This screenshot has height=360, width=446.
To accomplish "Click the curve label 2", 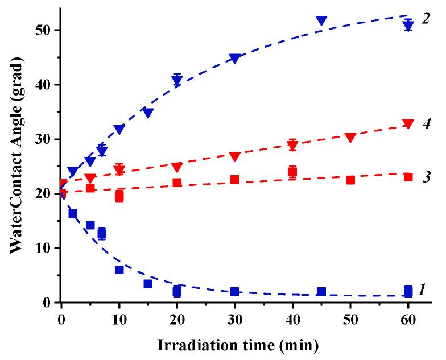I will pyautogui.click(x=425, y=19).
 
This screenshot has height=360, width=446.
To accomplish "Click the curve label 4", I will pyautogui.click(x=425, y=123).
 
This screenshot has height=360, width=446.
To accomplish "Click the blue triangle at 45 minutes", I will pyautogui.click(x=321, y=21).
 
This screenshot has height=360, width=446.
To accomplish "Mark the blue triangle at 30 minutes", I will pyautogui.click(x=234, y=59).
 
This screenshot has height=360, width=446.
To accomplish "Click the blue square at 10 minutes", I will pyautogui.click(x=119, y=270).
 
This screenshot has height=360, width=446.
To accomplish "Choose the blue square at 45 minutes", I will pyautogui.click(x=321, y=292).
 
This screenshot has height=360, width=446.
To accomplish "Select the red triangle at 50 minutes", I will pyautogui.click(x=350, y=138).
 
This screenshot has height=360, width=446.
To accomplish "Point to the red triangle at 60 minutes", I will pyautogui.click(x=408, y=124).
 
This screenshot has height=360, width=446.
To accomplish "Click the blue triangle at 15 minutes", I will pyautogui.click(x=148, y=113).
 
